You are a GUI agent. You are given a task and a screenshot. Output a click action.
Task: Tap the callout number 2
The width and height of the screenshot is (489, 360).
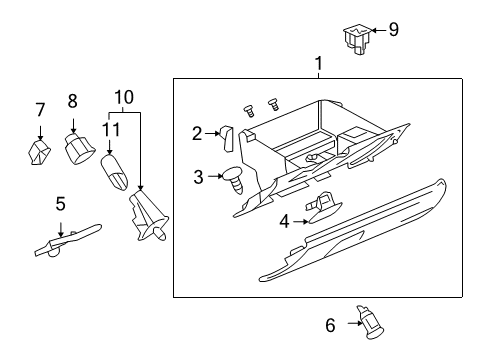click(x=198, y=133)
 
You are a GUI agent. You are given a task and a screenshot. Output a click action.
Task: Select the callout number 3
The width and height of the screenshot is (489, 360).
click(x=198, y=177)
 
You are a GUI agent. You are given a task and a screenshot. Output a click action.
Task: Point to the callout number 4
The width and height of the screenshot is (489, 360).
click(x=284, y=220)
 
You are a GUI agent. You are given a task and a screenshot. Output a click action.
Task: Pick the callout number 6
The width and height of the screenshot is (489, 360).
click(x=330, y=323)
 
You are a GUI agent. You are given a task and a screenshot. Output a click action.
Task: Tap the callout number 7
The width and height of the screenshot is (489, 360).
click(x=40, y=108)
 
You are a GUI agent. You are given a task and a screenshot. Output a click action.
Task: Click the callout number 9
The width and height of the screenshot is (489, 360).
click(x=393, y=29)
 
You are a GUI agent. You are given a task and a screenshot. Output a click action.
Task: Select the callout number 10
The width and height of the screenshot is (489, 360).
click(x=123, y=96)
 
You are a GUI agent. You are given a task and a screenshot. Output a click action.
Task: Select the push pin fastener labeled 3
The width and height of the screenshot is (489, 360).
click(x=236, y=181)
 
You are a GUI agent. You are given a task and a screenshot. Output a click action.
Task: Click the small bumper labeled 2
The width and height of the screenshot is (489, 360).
click(x=228, y=135)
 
